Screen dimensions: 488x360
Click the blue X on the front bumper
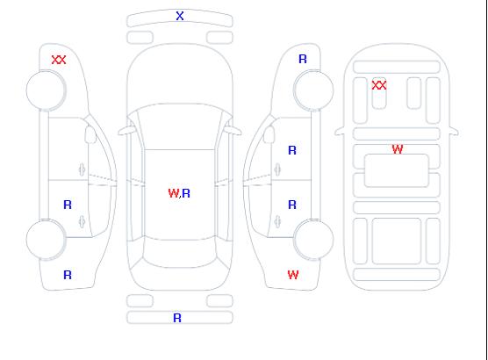pyautogui.click(x=180, y=16)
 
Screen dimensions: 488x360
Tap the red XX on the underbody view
pyautogui.click(x=379, y=85)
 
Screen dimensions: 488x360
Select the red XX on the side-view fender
pyautogui.click(x=59, y=60)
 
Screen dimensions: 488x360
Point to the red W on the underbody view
pyautogui.click(x=398, y=149)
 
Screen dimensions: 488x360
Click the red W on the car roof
pyautogui.click(x=174, y=193)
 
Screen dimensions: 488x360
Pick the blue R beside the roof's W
pyautogui.click(x=186, y=193)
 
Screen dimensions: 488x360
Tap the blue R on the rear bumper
pyautogui.click(x=177, y=318)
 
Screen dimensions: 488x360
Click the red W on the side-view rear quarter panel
pyautogui.click(x=293, y=275)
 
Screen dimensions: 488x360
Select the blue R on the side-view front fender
pyautogui.click(x=303, y=59)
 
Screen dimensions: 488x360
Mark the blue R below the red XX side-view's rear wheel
pyautogui.click(x=68, y=275)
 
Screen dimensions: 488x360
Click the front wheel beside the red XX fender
pyautogui.click(x=46, y=90)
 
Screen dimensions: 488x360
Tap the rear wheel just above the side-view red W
pyautogui.click(x=313, y=239)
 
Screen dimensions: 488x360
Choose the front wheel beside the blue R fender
pyautogui.click(x=313, y=90)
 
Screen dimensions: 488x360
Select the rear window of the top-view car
pyautogui.click(x=180, y=253)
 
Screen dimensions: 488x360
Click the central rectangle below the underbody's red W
pyautogui.click(x=397, y=170)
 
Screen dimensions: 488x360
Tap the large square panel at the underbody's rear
pyautogui.click(x=397, y=241)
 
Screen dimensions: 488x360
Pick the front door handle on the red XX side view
pyautogui.click(x=82, y=169)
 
